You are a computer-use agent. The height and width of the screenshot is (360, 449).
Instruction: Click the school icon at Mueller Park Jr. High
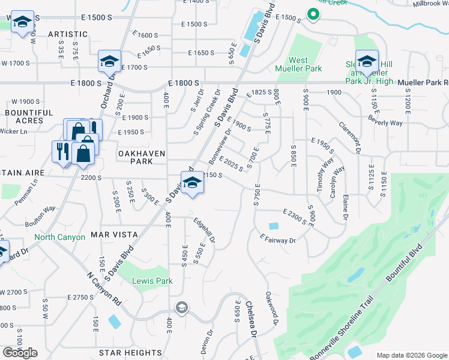pyautogui.click(x=367, y=61)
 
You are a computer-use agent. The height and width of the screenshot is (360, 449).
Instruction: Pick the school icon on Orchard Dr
pyautogui.click(x=110, y=61)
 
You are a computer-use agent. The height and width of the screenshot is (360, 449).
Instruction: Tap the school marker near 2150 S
pyautogui.click(x=192, y=183)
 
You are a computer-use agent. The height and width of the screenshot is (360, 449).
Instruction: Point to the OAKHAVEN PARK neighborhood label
pyautogui.click(x=142, y=158)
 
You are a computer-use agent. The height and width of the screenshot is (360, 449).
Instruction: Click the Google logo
pyautogui.click(x=20, y=353)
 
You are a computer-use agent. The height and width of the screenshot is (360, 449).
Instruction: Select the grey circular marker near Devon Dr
pyautogui.click(x=181, y=308)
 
